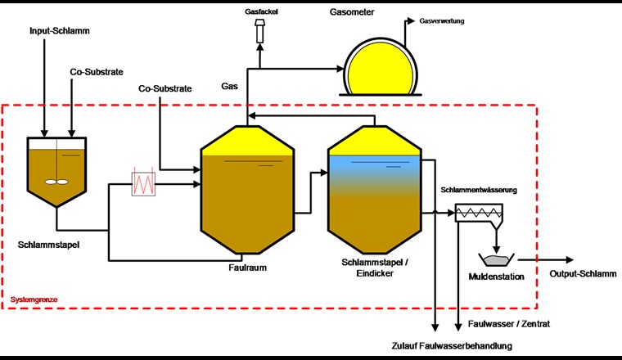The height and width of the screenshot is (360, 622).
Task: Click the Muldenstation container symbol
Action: pyautogui.click(x=497, y=259)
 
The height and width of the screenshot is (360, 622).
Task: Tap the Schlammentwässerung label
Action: pyautogui.click(x=479, y=190)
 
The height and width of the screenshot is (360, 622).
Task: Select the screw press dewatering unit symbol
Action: pyautogui.click(x=479, y=212)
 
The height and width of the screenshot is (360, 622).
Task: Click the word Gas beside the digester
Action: pyautogui.click(x=230, y=85)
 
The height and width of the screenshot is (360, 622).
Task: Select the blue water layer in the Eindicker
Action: pyautogui.click(x=373, y=167)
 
